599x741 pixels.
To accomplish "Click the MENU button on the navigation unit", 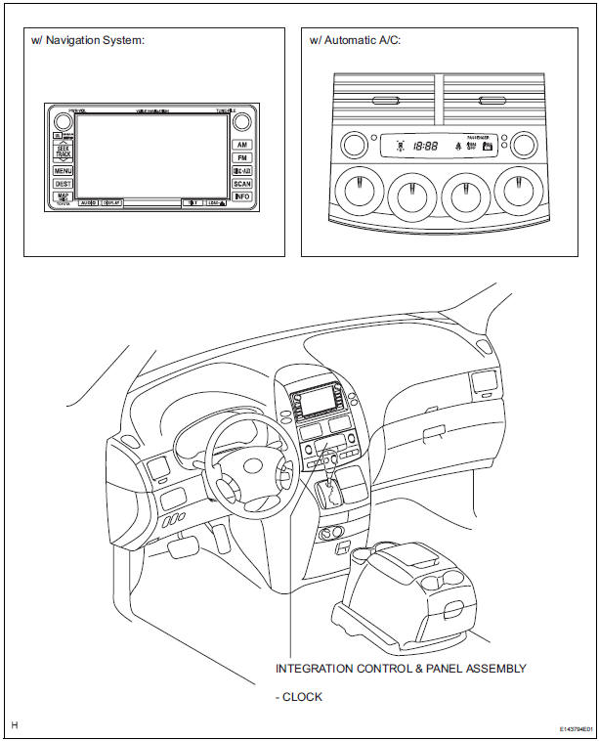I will [63, 170].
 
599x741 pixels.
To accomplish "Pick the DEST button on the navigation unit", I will [63, 184].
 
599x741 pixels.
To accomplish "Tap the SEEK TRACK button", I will [63, 153].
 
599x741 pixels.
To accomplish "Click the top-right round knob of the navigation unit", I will [242, 121].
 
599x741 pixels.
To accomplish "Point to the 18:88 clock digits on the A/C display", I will [425, 146].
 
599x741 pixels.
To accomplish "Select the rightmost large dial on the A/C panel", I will [520, 191].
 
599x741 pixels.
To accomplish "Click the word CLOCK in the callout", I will [303, 697].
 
